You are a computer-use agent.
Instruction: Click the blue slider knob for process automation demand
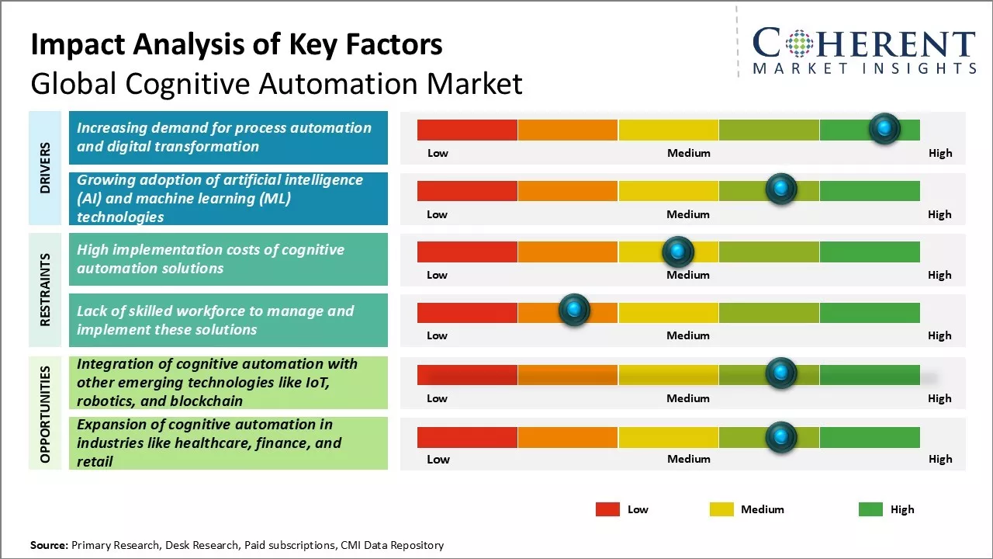(x=884, y=129)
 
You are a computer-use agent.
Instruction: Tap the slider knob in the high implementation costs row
(x=678, y=252)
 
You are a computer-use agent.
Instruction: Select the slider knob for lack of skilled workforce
(x=574, y=311)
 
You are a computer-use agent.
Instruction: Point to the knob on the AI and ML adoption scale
(x=781, y=189)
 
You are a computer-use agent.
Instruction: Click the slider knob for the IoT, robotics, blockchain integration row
(x=781, y=373)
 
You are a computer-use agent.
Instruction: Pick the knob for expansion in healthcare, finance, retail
(x=781, y=437)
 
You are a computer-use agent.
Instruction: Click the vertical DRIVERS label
(x=45, y=167)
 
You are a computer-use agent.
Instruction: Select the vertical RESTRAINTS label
(x=45, y=290)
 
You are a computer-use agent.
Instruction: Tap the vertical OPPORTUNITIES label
(x=45, y=414)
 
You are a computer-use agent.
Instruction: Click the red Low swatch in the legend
(x=607, y=509)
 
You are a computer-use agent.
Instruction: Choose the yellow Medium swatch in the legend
(x=721, y=509)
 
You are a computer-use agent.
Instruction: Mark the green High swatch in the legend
(x=870, y=509)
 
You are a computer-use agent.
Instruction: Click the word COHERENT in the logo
(x=864, y=44)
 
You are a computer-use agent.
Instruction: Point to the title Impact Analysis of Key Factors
(x=237, y=45)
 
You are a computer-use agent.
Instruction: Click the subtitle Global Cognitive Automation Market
(x=276, y=84)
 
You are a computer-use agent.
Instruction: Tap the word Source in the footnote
(x=49, y=545)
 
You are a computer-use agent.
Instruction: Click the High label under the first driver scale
(x=939, y=153)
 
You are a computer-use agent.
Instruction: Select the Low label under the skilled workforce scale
(x=437, y=335)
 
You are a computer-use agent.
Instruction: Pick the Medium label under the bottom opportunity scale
(x=688, y=459)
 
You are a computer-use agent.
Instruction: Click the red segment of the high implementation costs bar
(x=467, y=252)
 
